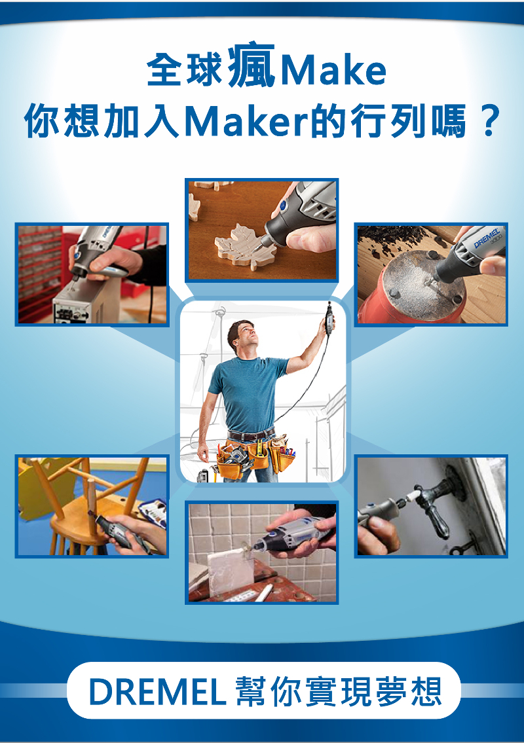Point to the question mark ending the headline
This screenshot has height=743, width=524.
coord(489,120)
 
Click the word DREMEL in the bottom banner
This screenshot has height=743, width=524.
coord(157,692)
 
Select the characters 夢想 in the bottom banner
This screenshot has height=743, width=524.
coord(410,692)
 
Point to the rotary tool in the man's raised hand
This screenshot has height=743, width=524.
coord(327,317)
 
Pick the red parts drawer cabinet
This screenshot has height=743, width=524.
coord(40,274)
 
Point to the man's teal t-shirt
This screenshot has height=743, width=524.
coord(246,394)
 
